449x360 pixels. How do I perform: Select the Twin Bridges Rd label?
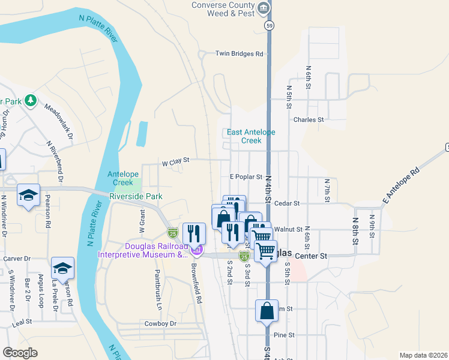tap(240, 54)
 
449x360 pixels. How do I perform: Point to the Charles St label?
tap(309, 119)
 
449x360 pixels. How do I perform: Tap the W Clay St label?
tap(175, 160)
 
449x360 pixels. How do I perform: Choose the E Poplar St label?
tap(247, 177)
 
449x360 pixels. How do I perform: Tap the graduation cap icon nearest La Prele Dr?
tap(62, 268)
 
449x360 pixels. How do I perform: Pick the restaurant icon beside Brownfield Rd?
tap(194, 233)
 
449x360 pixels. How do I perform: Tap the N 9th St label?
tap(372, 225)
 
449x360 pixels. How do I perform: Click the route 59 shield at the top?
tap(271, 26)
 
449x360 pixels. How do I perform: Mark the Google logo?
tap(20, 352)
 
